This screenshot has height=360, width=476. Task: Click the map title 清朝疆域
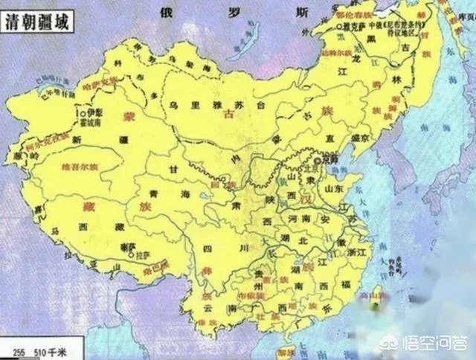39,22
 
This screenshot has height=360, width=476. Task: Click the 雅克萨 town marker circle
339,26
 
